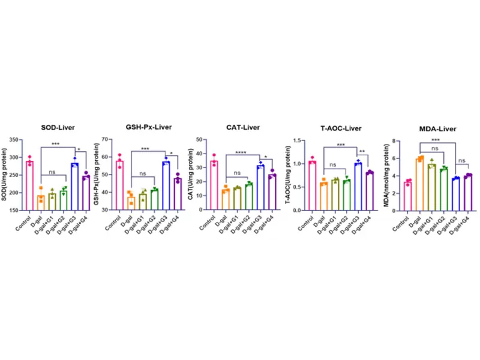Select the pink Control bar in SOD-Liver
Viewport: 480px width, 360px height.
pyautogui.click(x=29, y=185)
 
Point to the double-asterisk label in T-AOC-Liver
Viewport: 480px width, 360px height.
pyautogui.click(x=363, y=151)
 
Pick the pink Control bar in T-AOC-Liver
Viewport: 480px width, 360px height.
pyautogui.click(x=312, y=185)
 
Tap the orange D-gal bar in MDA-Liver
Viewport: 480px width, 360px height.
pyautogui.click(x=420, y=184)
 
